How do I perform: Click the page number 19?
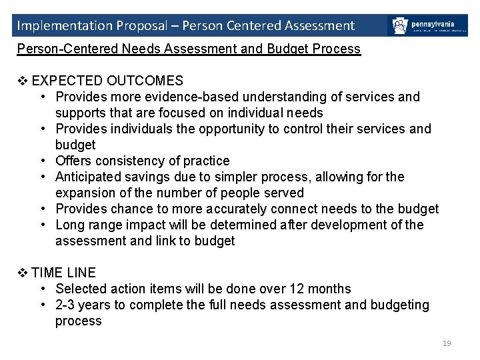pyautogui.click(x=447, y=343)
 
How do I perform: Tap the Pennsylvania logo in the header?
pyautogui.click(x=427, y=26)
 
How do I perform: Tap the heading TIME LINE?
pyautogui.click(x=63, y=273)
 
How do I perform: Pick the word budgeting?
pyautogui.click(x=397, y=305)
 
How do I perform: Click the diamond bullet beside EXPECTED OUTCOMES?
pyautogui.click(x=22, y=81)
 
